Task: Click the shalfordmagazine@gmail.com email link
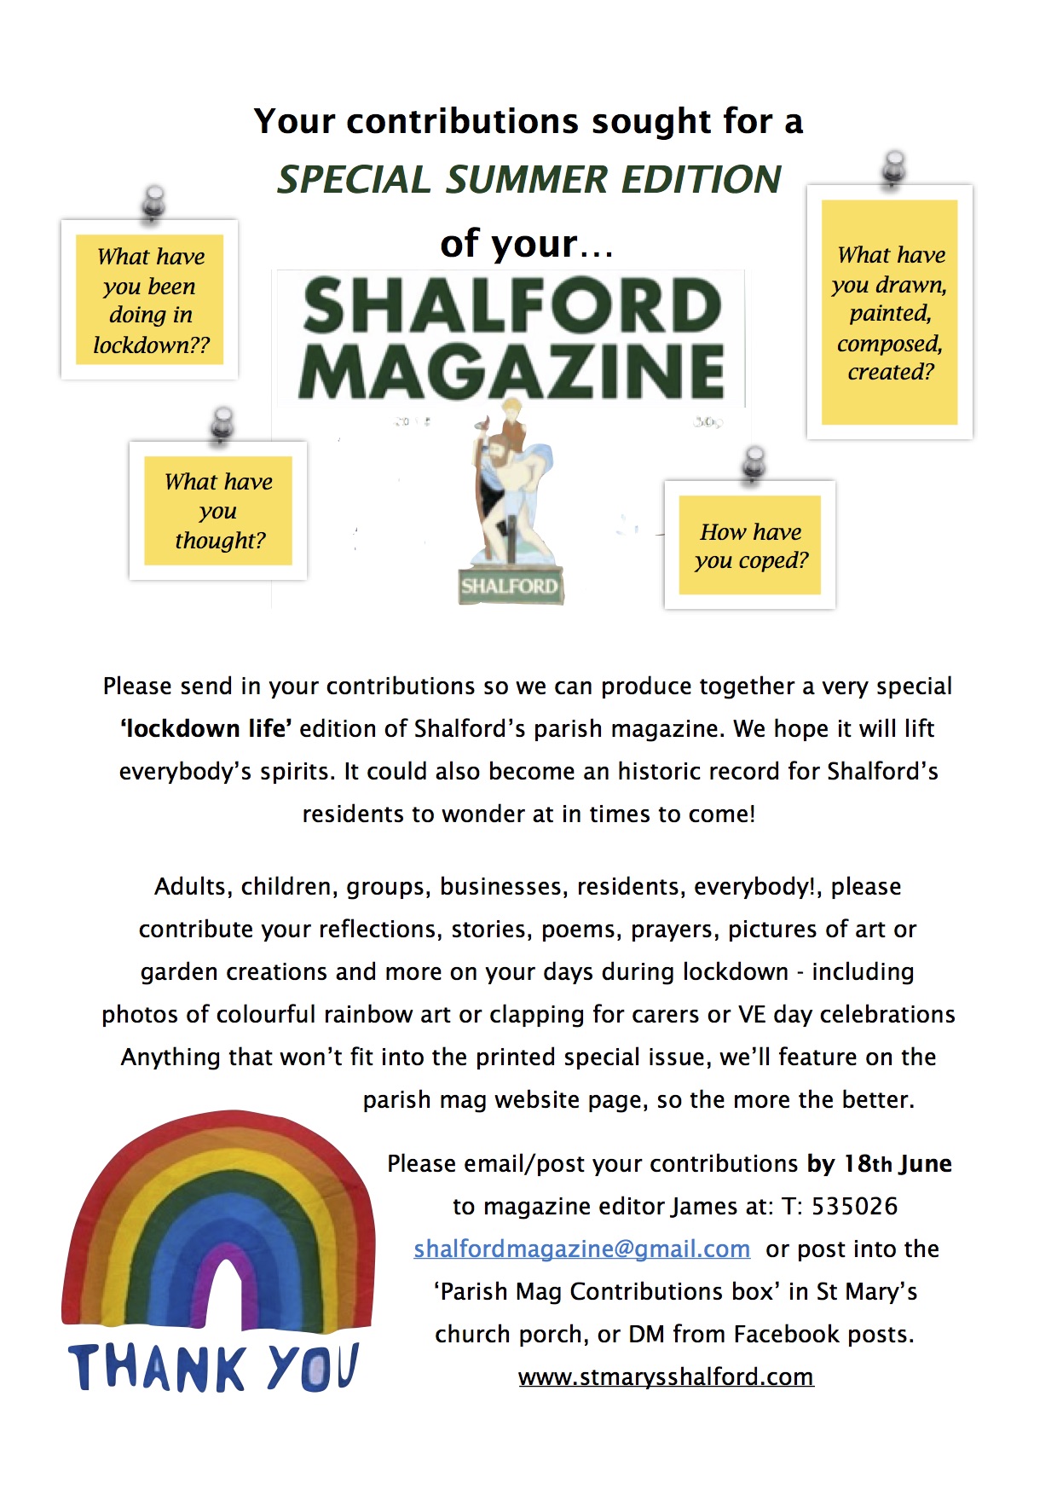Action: tap(581, 1249)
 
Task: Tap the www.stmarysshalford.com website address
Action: tap(666, 1376)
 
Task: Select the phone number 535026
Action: tap(854, 1206)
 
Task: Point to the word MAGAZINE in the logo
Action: tap(511, 372)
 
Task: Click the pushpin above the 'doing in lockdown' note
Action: tap(153, 203)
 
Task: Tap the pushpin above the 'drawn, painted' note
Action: tap(894, 167)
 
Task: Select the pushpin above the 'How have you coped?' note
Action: tap(754, 463)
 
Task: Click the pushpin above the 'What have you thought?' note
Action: tap(222, 424)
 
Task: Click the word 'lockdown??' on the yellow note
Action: tap(151, 345)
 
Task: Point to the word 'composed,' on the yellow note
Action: tap(889, 343)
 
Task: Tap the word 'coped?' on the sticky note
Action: tap(773, 560)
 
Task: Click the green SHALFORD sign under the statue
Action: tap(510, 586)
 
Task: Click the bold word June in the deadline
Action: tap(924, 1163)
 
